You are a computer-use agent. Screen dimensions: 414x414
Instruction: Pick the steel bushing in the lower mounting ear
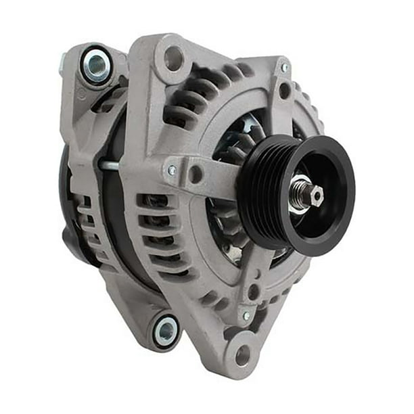click(x=166, y=331)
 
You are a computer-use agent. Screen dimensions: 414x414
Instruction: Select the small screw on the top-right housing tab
click(x=285, y=68)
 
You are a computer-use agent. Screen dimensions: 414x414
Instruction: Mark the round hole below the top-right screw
click(x=285, y=90)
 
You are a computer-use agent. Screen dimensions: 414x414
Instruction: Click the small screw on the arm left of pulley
click(x=172, y=171)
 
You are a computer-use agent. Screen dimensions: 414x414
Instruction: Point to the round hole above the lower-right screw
click(x=254, y=292)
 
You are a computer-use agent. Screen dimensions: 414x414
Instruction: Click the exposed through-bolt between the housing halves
click(x=112, y=164)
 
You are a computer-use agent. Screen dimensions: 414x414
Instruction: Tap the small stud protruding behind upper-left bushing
click(x=63, y=64)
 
